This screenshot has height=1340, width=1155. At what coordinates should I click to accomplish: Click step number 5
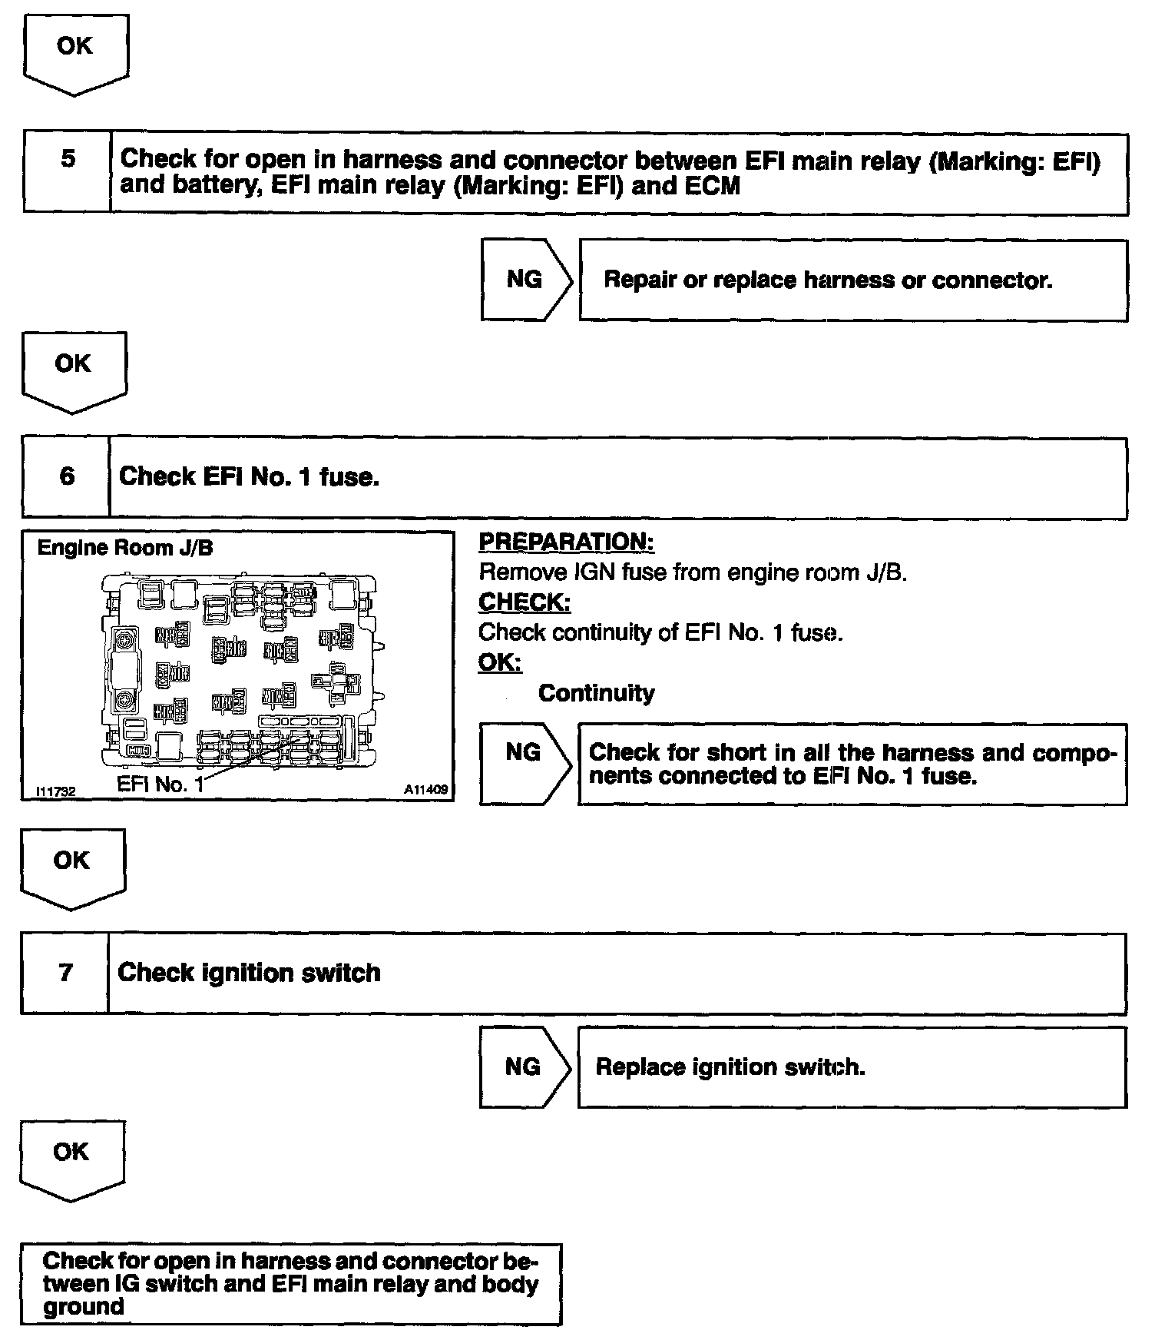68,159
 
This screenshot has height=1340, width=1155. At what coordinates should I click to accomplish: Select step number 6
67,476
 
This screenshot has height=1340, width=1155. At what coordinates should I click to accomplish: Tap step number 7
65,973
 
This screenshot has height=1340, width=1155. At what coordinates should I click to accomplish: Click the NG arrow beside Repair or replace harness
526,280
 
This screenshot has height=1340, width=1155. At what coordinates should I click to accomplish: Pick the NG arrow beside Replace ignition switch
524,1066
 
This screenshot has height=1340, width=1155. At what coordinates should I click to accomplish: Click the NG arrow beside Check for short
525,752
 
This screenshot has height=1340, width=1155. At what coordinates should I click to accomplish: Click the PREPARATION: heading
566,542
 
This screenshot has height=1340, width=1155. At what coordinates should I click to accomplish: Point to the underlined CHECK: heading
525,602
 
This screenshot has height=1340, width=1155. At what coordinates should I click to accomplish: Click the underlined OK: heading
499,662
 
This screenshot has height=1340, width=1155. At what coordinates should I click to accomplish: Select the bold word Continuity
596,693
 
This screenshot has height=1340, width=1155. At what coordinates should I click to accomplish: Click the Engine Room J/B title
125,548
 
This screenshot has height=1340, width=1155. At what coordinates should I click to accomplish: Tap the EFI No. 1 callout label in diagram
161,784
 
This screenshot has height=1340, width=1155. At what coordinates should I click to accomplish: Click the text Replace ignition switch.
730,1067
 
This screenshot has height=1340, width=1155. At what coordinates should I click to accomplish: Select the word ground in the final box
83,1307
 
